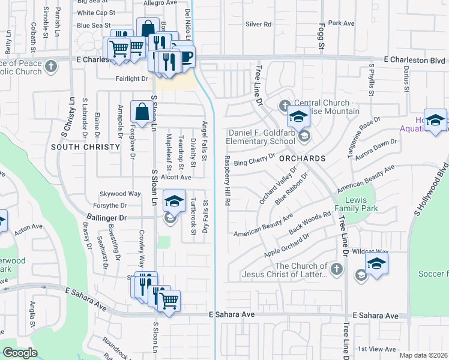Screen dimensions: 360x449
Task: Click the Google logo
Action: coord(19,353)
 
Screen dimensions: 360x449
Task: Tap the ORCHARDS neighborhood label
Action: coord(302,158)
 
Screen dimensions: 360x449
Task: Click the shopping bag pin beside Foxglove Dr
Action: coord(140,112)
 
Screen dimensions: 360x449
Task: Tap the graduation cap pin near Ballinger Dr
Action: coord(174,201)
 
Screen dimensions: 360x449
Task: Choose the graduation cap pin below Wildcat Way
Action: coord(376,263)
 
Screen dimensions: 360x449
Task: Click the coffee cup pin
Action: coord(185,57)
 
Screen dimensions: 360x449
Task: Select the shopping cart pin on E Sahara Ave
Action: coord(169,299)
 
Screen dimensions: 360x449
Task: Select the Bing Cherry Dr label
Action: coord(254,162)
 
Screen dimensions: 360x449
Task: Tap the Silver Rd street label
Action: coord(258,25)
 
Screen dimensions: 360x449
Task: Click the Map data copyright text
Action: coord(423,355)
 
